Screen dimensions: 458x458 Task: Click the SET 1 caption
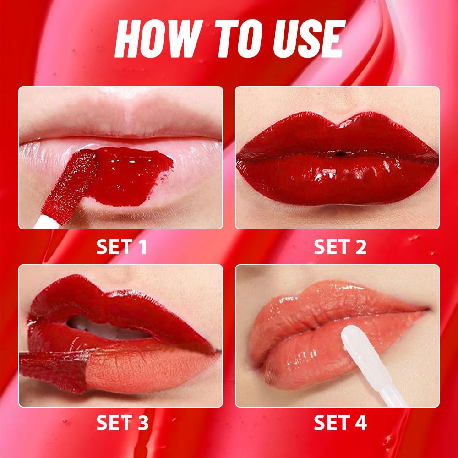click(x=121, y=247)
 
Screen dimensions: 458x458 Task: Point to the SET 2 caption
click(x=340, y=247)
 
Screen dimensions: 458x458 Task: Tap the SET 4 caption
click(x=340, y=423)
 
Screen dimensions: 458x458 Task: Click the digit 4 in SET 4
click(x=361, y=423)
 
